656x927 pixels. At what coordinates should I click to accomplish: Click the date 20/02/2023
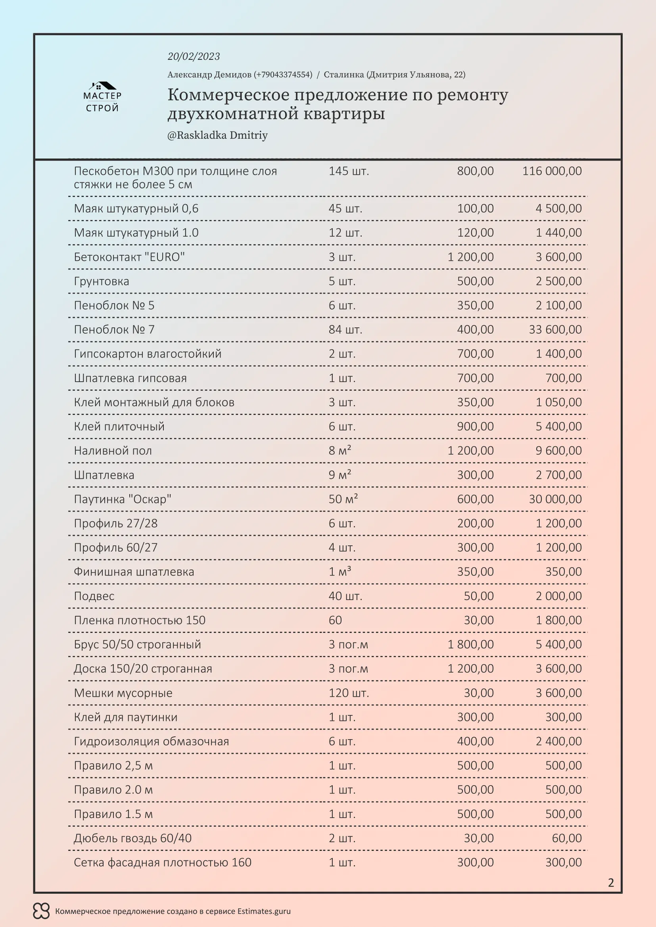pyautogui.click(x=194, y=57)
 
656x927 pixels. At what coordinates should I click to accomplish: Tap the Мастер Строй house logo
pyautogui.click(x=102, y=97)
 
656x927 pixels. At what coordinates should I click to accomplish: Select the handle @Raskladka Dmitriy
pyautogui.click(x=217, y=135)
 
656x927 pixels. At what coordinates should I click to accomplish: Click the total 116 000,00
pyautogui.click(x=552, y=171)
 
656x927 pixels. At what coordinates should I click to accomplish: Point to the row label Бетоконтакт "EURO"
pyautogui.click(x=129, y=257)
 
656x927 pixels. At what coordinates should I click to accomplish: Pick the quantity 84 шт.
pyautogui.click(x=345, y=330)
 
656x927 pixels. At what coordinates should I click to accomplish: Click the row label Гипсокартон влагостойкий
pyautogui.click(x=148, y=354)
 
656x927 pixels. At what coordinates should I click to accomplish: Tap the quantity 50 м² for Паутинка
pyautogui.click(x=343, y=499)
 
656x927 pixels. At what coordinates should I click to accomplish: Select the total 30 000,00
pyautogui.click(x=555, y=499)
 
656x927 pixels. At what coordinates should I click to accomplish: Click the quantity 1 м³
pyautogui.click(x=340, y=572)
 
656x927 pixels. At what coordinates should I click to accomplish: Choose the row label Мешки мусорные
pyautogui.click(x=123, y=693)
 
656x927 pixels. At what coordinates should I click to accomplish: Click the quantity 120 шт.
pyautogui.click(x=349, y=693)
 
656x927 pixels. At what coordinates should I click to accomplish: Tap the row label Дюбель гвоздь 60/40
pyautogui.click(x=132, y=839)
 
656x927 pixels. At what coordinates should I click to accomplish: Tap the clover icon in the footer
pyautogui.click(x=41, y=911)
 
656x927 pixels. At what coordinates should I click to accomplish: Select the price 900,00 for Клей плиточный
pyautogui.click(x=475, y=427)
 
